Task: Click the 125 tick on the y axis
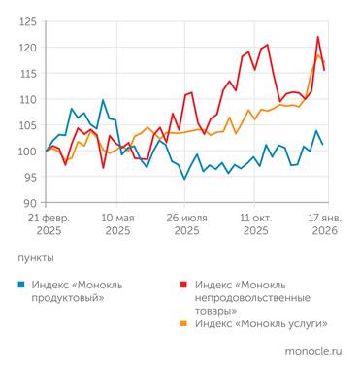coord(27,21)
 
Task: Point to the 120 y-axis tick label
coord(27,48)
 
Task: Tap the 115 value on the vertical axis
coord(27,74)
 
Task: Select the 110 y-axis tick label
coord(27,99)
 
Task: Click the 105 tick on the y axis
coord(27,125)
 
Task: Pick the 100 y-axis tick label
coord(27,152)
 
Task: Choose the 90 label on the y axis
coord(30,203)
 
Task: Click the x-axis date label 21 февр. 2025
coord(45,224)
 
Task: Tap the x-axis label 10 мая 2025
coord(116,224)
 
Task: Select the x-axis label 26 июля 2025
coord(186,224)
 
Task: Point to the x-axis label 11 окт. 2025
coord(255,224)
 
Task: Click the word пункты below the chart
coord(36,259)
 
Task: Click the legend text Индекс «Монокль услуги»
coord(261,322)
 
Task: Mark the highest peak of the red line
coord(317,37)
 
